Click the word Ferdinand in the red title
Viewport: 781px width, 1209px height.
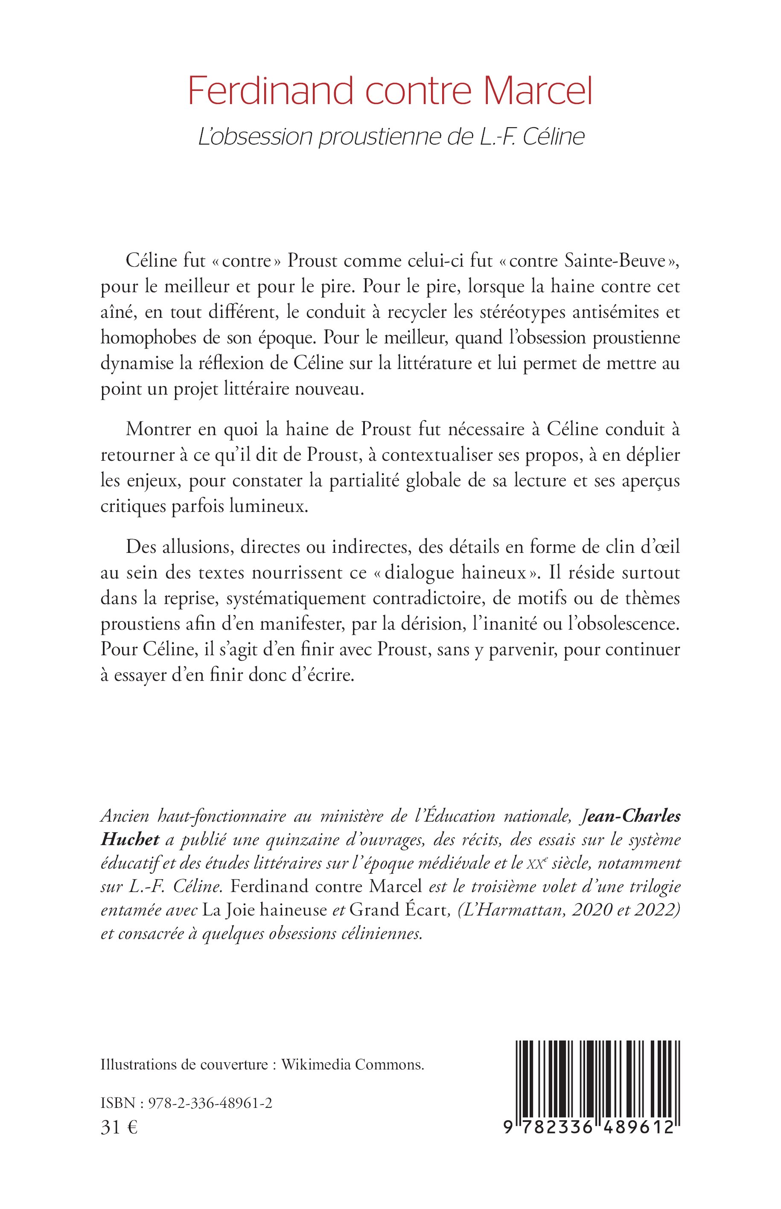coord(271,91)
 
